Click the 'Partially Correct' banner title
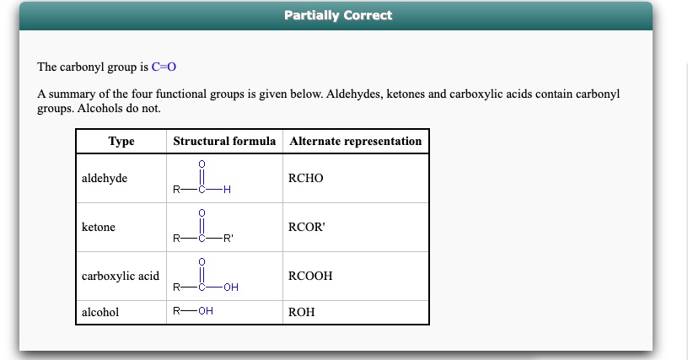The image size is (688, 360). tap(338, 15)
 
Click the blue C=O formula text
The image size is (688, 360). tap(164, 66)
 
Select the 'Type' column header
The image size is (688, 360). tap(121, 141)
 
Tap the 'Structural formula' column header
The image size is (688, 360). tap(224, 141)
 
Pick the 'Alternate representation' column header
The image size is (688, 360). tap(355, 141)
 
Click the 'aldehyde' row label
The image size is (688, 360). tap(105, 178)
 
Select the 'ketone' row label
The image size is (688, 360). tap(99, 227)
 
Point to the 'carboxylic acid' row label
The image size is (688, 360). tap(121, 276)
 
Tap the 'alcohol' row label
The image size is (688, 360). tap(100, 312)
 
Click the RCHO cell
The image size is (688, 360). tap(305, 178)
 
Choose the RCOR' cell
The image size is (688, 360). tap(308, 227)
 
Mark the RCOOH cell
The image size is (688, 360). tap(310, 276)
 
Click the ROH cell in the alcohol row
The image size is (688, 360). tap(301, 312)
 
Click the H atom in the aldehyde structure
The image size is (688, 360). tap(227, 190)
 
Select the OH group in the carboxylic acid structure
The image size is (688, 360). tap(231, 287)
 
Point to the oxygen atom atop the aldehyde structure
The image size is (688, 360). tap(202, 164)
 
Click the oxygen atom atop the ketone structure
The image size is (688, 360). tap(202, 213)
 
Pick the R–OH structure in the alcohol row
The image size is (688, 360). tap(192, 311)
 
